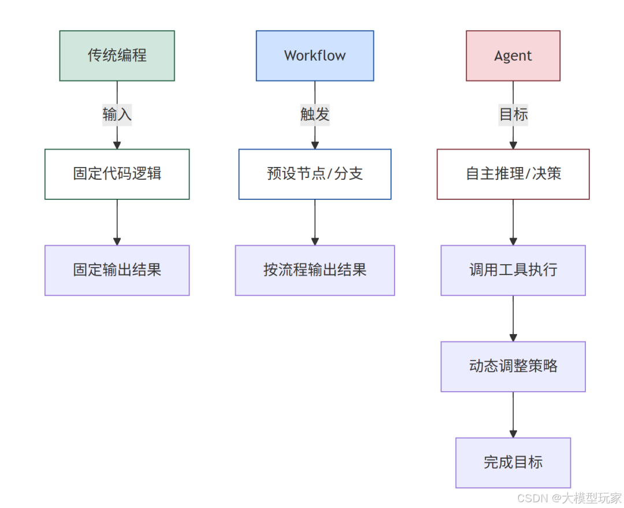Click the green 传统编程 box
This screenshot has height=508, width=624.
pos(117,55)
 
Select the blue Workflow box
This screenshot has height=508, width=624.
pos(315,55)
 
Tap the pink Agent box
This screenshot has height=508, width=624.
pos(513,55)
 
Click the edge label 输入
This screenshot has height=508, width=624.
pos(117,114)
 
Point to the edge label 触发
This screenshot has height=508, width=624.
pos(315,114)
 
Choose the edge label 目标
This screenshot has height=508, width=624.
pos(513,114)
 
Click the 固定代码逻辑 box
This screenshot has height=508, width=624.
pos(117,174)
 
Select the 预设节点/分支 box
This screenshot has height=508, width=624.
pos(315,174)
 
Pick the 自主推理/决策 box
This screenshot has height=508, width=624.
pos(513,174)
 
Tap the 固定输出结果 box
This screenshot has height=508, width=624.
pos(117,270)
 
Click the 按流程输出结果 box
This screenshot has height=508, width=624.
pos(315,270)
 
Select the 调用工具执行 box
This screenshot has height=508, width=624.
pos(513,270)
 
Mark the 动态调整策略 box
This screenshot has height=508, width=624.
pos(513,366)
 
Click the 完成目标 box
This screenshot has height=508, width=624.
pos(513,462)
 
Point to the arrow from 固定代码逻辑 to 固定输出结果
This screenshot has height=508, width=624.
pos(117,222)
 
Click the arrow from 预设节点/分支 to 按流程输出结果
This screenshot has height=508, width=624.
pos(315,222)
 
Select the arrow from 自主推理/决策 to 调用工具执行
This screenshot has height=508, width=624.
pos(513,222)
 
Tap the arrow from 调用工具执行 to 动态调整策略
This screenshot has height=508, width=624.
pos(513,318)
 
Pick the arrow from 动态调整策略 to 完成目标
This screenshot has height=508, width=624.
pos(513,414)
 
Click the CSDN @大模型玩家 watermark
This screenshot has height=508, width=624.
pos(569,498)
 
